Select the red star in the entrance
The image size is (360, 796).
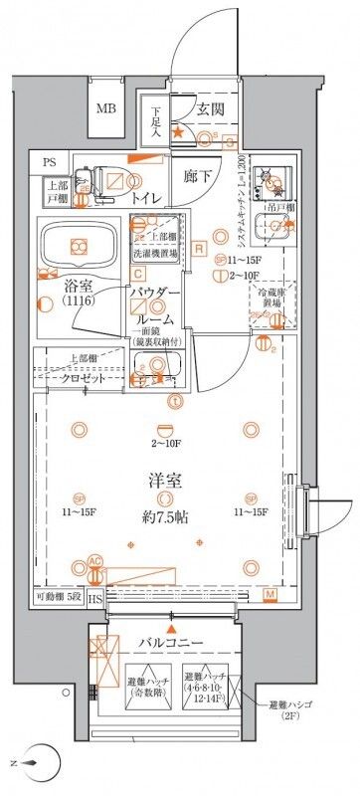[x=178, y=131]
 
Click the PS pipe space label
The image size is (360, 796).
[x=50, y=162]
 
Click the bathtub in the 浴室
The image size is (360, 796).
[x=79, y=241]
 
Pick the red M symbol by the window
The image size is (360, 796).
[x=270, y=594]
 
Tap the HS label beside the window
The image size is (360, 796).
[x=94, y=599]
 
